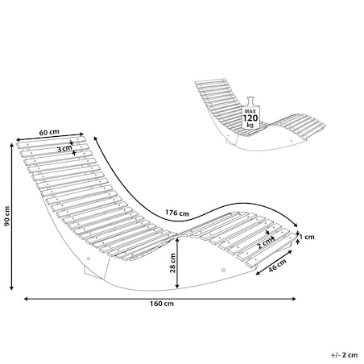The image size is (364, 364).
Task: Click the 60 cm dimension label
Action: [x=49, y=132]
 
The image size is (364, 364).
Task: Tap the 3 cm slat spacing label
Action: [x=64, y=148]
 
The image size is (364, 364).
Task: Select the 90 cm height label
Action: [x=6, y=216]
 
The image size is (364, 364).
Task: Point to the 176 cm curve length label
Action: [x=177, y=213]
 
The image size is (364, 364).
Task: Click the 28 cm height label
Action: [x=173, y=263]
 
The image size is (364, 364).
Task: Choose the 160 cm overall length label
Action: [x=162, y=304]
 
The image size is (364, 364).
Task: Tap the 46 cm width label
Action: [x=278, y=265]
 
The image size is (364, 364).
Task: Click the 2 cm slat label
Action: [x=265, y=243]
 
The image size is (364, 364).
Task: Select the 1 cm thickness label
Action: [x=307, y=237]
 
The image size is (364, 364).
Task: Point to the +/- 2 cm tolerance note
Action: [x=344, y=355]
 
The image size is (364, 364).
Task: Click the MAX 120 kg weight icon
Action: [x=250, y=113]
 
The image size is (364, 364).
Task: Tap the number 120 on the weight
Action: [x=250, y=118]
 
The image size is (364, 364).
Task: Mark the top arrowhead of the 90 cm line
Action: [x=11, y=144]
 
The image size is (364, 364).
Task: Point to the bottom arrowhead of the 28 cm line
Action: [x=177, y=287]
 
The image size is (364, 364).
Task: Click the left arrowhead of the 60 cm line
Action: [x=18, y=139]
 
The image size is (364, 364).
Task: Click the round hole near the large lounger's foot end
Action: [x=223, y=270]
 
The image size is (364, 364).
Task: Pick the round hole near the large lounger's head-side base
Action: [x=89, y=259]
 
